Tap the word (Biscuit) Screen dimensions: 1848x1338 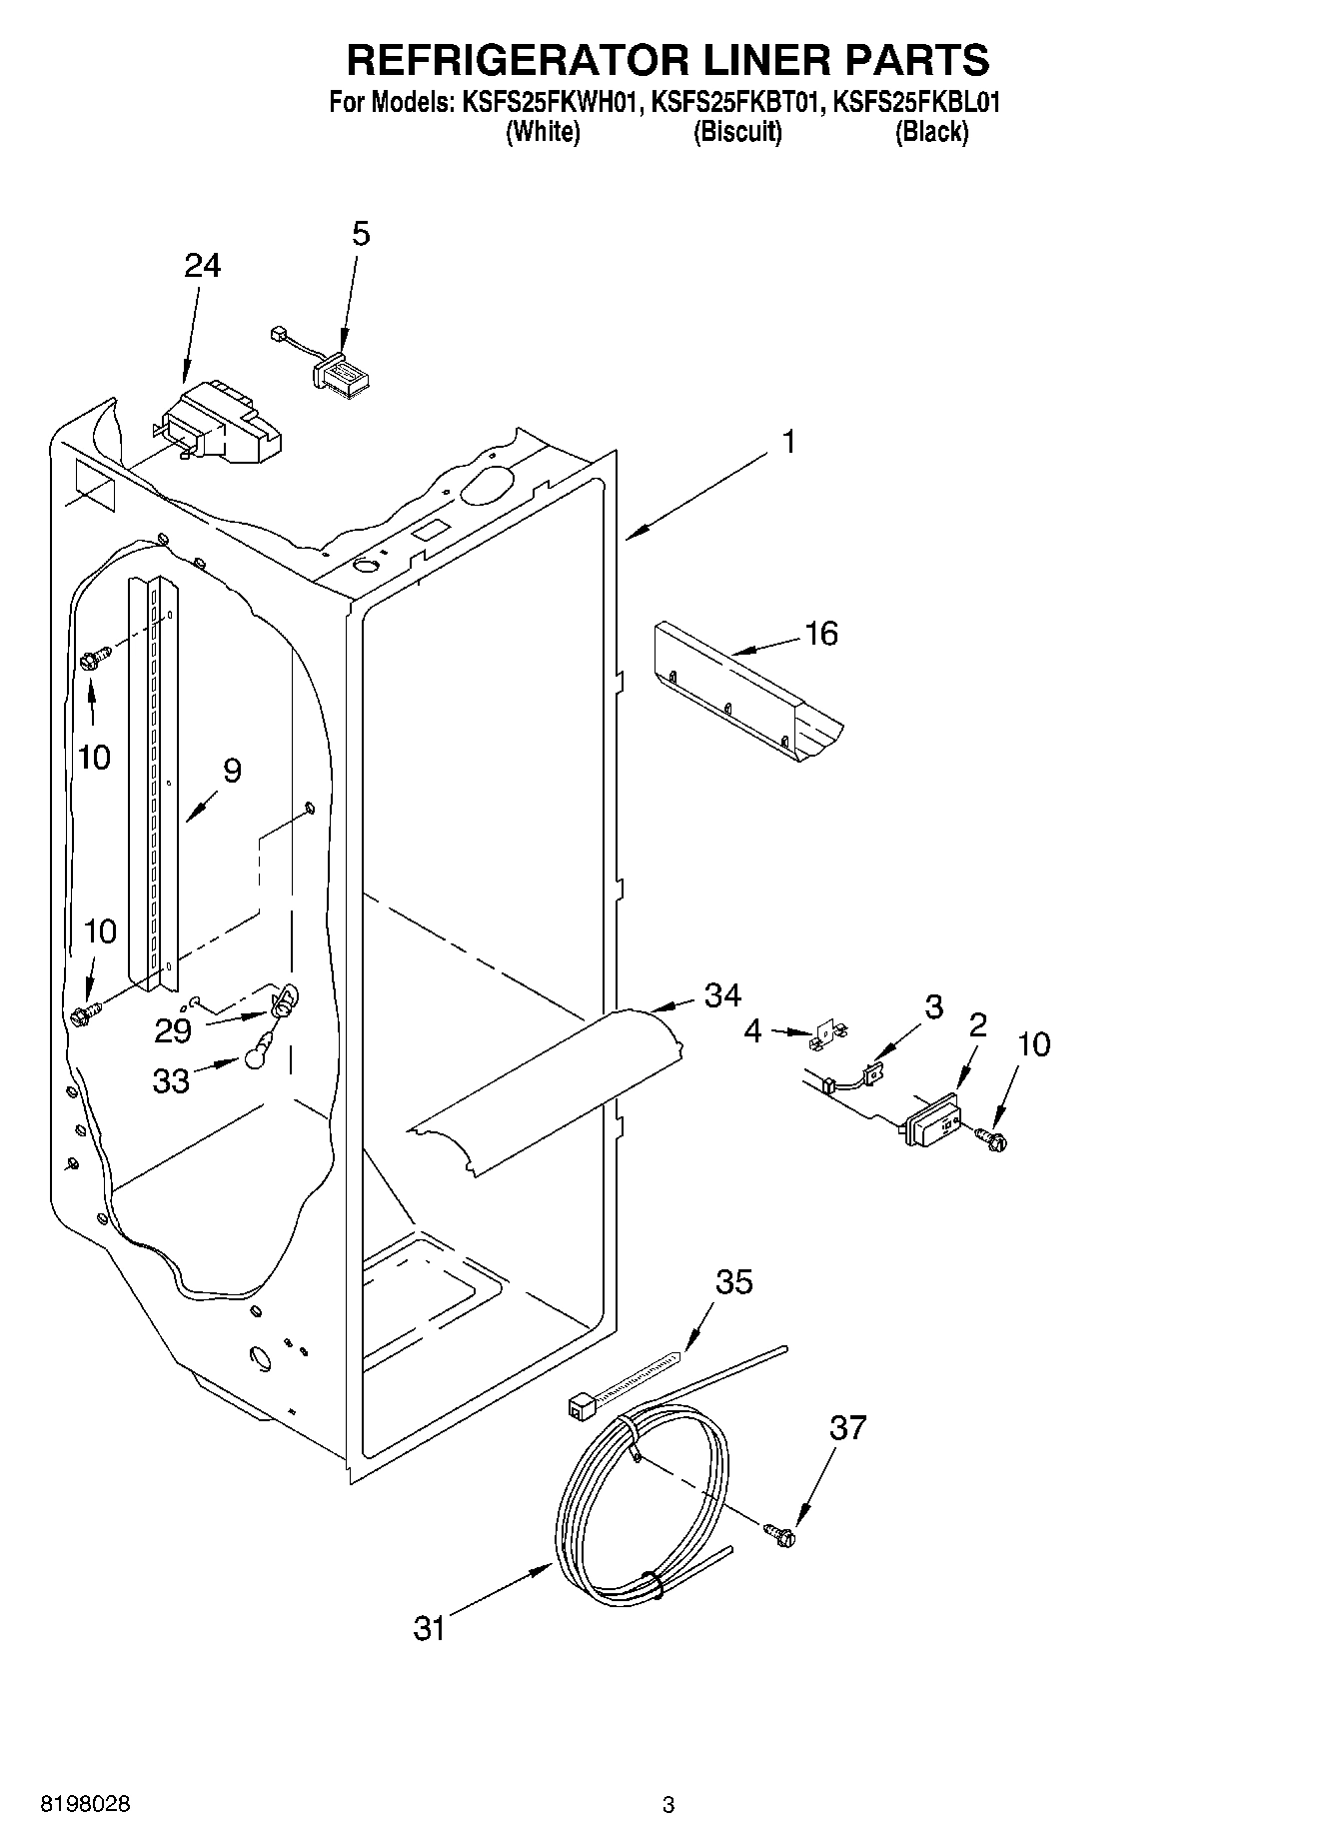pos(737,131)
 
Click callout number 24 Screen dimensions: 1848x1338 pos(203,266)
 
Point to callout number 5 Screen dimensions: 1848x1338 pos(361,234)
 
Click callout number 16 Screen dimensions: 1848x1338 pos(821,633)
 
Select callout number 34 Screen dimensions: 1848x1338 pos(722,994)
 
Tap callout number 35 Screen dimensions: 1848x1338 pos(734,1281)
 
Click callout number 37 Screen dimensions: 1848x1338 pos(847,1427)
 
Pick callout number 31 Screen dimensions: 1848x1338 pos(429,1628)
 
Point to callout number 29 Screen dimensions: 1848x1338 pos(173,1029)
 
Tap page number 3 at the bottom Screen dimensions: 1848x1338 pos(669,1804)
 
